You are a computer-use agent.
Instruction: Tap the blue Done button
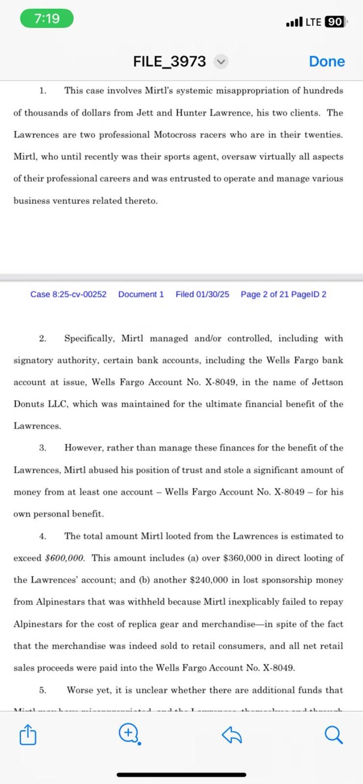pyautogui.click(x=327, y=62)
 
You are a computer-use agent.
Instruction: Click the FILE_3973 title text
pyautogui.click(x=169, y=62)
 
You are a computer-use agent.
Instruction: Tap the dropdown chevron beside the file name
pyautogui.click(x=221, y=62)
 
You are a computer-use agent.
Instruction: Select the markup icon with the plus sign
pyautogui.click(x=129, y=734)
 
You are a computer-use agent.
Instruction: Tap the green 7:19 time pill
pyautogui.click(x=47, y=19)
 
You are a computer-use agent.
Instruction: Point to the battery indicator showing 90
pyautogui.click(x=335, y=22)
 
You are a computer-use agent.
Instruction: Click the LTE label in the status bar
pyautogui.click(x=313, y=22)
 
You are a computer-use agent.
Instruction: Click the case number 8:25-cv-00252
pyautogui.click(x=69, y=294)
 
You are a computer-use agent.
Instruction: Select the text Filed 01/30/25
pyautogui.click(x=202, y=294)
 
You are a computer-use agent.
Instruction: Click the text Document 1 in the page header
pyautogui.click(x=141, y=294)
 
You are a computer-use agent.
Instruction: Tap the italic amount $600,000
pyautogui.click(x=65, y=558)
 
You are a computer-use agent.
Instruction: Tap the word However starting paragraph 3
pyautogui.click(x=84, y=448)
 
